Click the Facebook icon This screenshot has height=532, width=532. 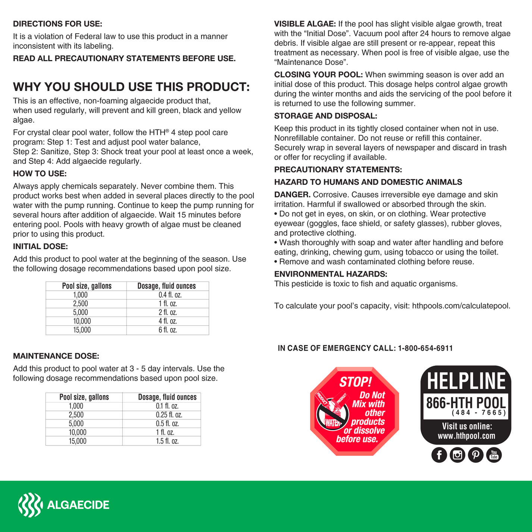pyautogui.click(x=439, y=455)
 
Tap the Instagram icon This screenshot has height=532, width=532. pyautogui.click(x=457, y=455)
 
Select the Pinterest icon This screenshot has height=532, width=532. pyautogui.click(x=476, y=455)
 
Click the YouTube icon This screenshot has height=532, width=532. pyautogui.click(x=494, y=455)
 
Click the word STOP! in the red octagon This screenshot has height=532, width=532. pyautogui.click(x=355, y=382)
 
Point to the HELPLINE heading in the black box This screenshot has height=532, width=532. pyautogui.click(x=466, y=381)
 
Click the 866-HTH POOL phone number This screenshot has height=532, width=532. pyautogui.click(x=466, y=403)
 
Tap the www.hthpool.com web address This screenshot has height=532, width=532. pyautogui.click(x=466, y=436)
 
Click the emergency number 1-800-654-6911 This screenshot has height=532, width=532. pyautogui.click(x=425, y=348)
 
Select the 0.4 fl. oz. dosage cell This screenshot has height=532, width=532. pyautogui.click(x=170, y=295)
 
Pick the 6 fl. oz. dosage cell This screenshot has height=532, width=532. pyautogui.click(x=168, y=330)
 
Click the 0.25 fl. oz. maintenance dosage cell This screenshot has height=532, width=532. pyautogui.click(x=169, y=415)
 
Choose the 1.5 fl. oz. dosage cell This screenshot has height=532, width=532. pyautogui.click(x=167, y=441)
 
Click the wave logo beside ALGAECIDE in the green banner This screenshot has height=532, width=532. pyautogui.click(x=30, y=505)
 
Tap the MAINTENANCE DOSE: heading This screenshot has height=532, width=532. pyautogui.click(x=56, y=356)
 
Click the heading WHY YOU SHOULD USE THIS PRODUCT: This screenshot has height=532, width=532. pyautogui.click(x=131, y=87)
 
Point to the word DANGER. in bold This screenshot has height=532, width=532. pyautogui.click(x=292, y=195)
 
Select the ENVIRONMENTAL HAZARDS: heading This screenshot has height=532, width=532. pyautogui.click(x=331, y=274)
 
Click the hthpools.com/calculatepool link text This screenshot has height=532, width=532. pyautogui.click(x=461, y=306)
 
